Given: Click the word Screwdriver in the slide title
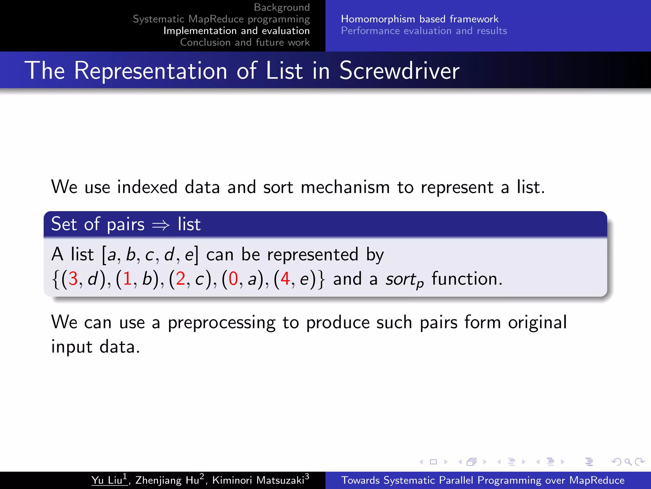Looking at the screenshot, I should pyautogui.click(x=399, y=71).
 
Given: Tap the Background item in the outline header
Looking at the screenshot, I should pyautogui.click(x=282, y=7).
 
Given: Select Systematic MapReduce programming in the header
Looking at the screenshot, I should pyautogui.click(x=221, y=19).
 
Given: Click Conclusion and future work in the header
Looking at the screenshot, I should pyautogui.click(x=245, y=42).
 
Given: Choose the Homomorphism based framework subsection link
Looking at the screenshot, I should pyautogui.click(x=420, y=19).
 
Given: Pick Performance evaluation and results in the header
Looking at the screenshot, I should pyautogui.click(x=424, y=31).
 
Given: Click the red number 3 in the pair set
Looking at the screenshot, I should pyautogui.click(x=73, y=279).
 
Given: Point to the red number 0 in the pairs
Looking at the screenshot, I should pyautogui.click(x=233, y=279).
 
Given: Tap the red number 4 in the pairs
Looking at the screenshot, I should pyautogui.click(x=285, y=279).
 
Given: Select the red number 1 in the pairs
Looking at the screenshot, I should pyautogui.click(x=127, y=279).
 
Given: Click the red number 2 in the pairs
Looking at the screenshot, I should pyautogui.click(x=181, y=279).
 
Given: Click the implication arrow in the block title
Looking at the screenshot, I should pyautogui.click(x=161, y=225).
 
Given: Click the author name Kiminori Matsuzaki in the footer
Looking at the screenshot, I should pyautogui.click(x=258, y=480).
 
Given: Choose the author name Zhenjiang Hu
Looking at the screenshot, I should pyautogui.click(x=167, y=480).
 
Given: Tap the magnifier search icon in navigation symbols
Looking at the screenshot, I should pyautogui.click(x=628, y=462).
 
